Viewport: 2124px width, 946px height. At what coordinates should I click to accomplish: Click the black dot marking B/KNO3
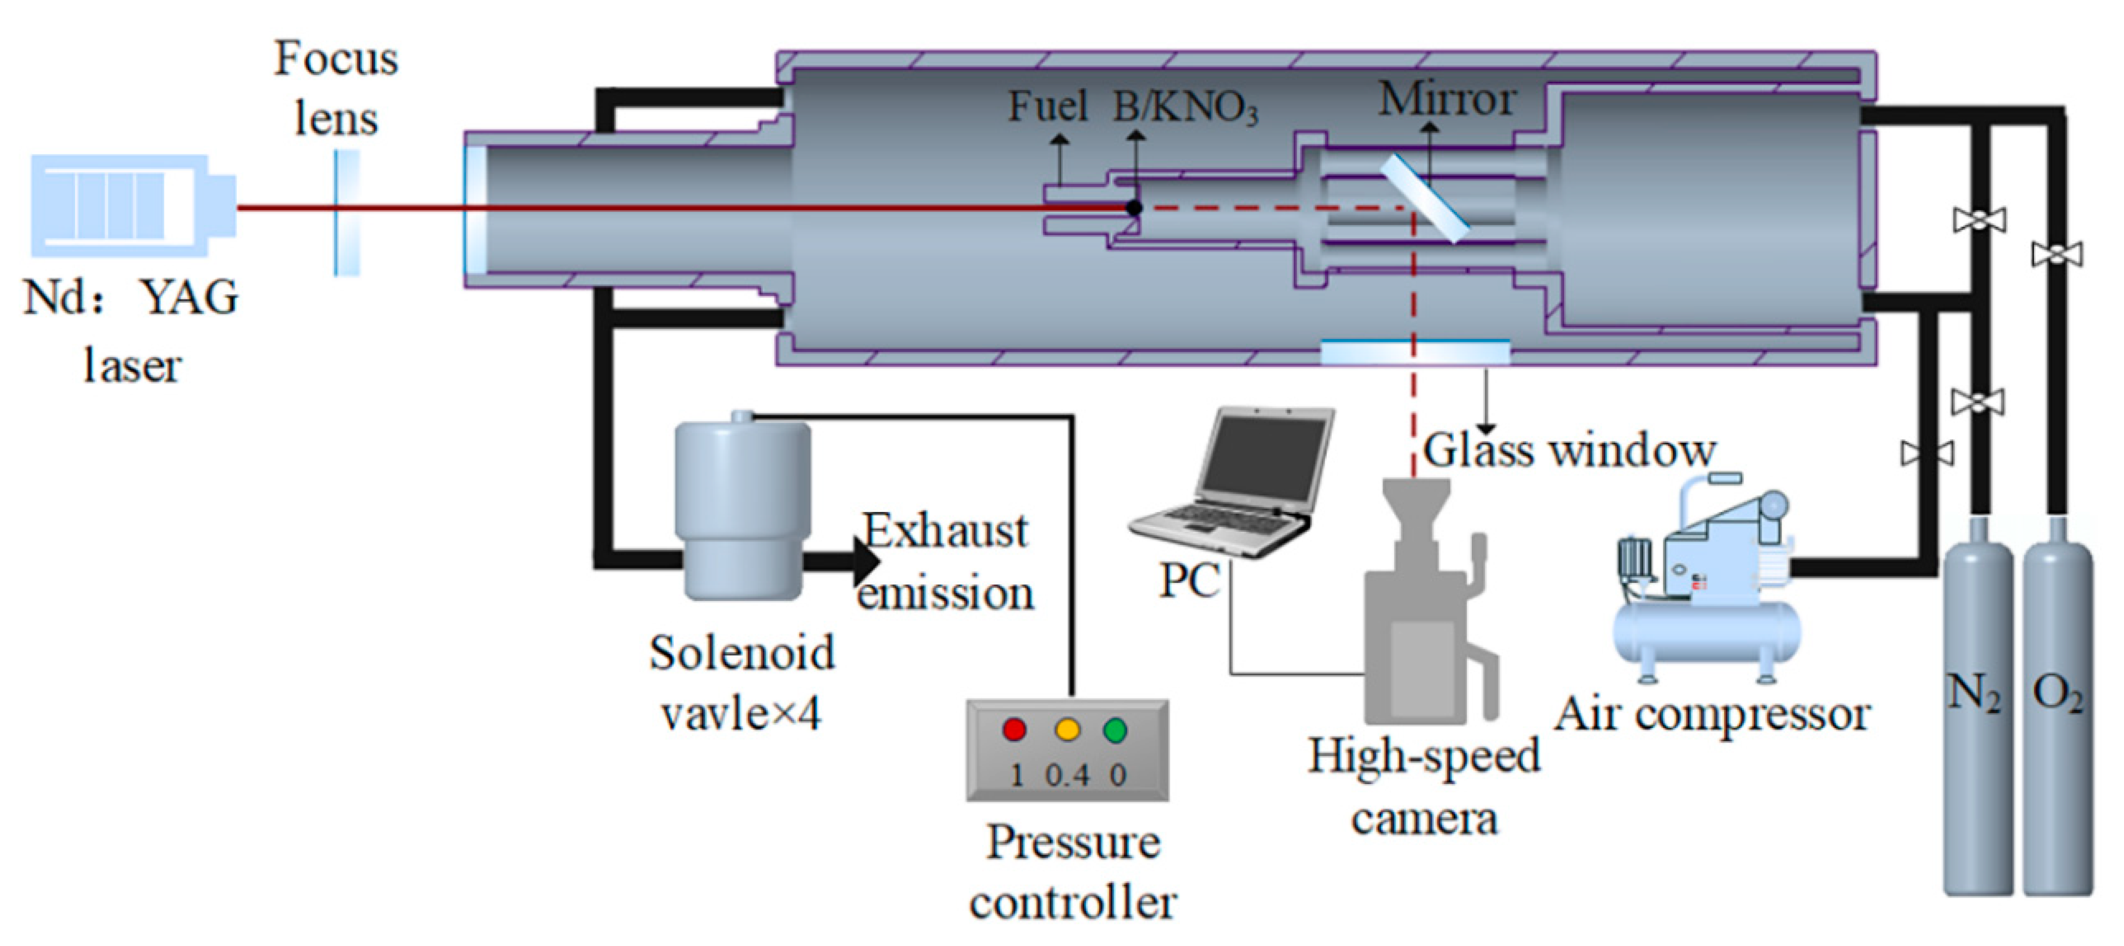click(1134, 208)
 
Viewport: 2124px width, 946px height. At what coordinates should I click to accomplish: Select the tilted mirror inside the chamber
click(1425, 198)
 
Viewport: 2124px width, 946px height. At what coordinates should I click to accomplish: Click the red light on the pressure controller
click(1014, 729)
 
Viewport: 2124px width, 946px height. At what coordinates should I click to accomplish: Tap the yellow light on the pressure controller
click(1067, 729)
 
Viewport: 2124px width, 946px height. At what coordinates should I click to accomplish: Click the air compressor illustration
click(1707, 586)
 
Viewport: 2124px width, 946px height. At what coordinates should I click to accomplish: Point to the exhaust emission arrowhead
click(866, 563)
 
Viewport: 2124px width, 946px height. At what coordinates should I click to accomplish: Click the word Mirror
click(1447, 100)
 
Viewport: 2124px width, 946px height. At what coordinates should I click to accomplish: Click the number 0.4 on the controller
click(1067, 775)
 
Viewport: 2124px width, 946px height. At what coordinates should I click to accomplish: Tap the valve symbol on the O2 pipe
click(2057, 254)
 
